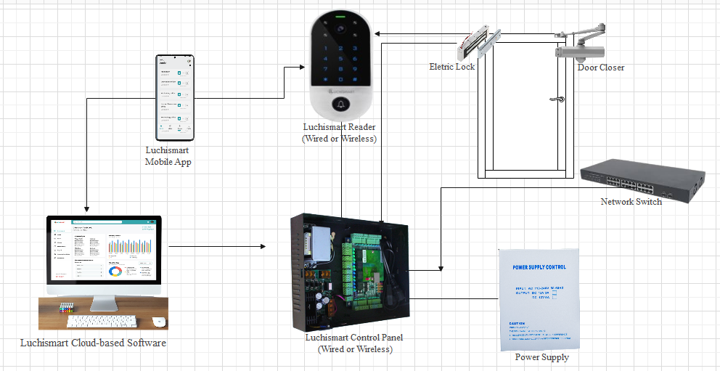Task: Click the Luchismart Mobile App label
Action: (168, 156)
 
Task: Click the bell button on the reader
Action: (339, 105)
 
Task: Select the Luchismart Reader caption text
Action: (339, 133)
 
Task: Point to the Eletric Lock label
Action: (451, 67)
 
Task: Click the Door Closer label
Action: (601, 68)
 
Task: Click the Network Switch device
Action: (642, 179)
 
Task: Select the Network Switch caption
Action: (631, 202)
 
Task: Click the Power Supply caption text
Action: (542, 357)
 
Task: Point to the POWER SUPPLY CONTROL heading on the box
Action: (539, 267)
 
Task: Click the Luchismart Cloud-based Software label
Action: (93, 343)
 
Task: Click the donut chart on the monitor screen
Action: (115, 272)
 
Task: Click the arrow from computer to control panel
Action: (217, 248)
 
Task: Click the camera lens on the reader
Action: (339, 29)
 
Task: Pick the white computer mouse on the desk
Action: (158, 321)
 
